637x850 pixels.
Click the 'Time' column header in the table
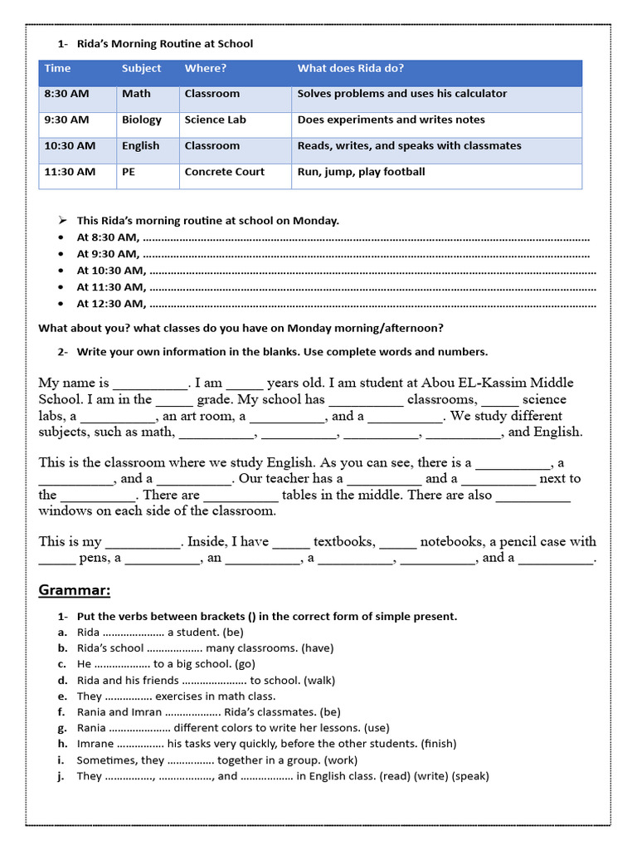[58, 68]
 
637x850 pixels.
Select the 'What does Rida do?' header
[351, 68]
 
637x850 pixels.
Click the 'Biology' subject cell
[142, 120]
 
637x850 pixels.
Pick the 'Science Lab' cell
[215, 120]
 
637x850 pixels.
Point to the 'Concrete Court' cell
[224, 172]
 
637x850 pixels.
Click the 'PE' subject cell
[129, 172]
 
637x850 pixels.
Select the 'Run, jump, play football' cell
[361, 172]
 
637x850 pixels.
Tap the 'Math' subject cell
[136, 94]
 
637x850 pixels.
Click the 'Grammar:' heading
[75, 590]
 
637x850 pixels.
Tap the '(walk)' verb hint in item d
[318, 680]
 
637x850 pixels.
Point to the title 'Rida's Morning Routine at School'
[165, 43]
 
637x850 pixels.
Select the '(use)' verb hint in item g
[377, 728]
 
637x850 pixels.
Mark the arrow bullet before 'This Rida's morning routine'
[62, 220]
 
